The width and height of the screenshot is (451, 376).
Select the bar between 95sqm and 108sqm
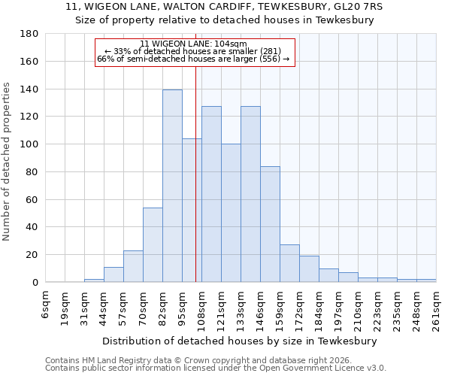point(192,211)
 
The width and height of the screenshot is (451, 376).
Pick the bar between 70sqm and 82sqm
point(153,244)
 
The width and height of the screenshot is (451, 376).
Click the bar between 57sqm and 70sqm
point(133,266)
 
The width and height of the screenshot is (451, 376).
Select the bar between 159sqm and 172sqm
point(289,263)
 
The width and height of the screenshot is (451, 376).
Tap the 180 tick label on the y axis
point(29,34)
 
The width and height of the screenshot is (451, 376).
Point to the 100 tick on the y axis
point(29,144)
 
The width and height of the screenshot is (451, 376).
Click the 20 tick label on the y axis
point(32,255)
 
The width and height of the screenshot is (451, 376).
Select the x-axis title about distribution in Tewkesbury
point(240,341)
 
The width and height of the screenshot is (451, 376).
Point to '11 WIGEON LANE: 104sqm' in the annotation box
point(194,44)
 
